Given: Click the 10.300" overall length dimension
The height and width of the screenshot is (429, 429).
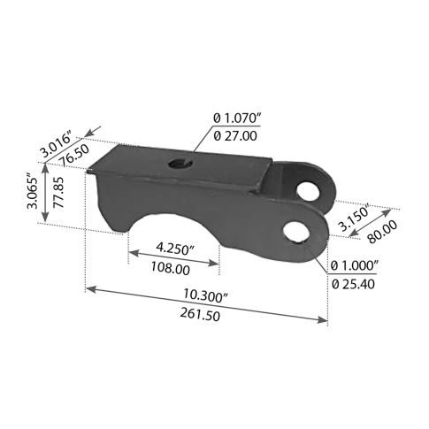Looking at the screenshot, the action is coord(205,295).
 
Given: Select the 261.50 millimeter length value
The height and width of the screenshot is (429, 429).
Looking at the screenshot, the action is coord(200,314).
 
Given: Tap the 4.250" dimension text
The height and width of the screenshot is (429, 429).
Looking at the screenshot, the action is coord(176,249).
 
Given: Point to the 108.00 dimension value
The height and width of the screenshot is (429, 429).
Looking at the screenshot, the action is coord(171,268).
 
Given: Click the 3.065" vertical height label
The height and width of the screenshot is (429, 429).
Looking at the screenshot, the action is coord(32,192).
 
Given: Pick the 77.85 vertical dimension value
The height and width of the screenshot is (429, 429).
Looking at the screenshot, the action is coord(59,192).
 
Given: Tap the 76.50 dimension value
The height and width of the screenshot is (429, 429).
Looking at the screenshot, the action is coord(74,155).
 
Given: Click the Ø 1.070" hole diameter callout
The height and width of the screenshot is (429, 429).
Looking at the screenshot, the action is coord(237,119).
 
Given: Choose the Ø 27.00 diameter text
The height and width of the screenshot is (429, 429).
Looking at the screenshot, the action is coord(235,136).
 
